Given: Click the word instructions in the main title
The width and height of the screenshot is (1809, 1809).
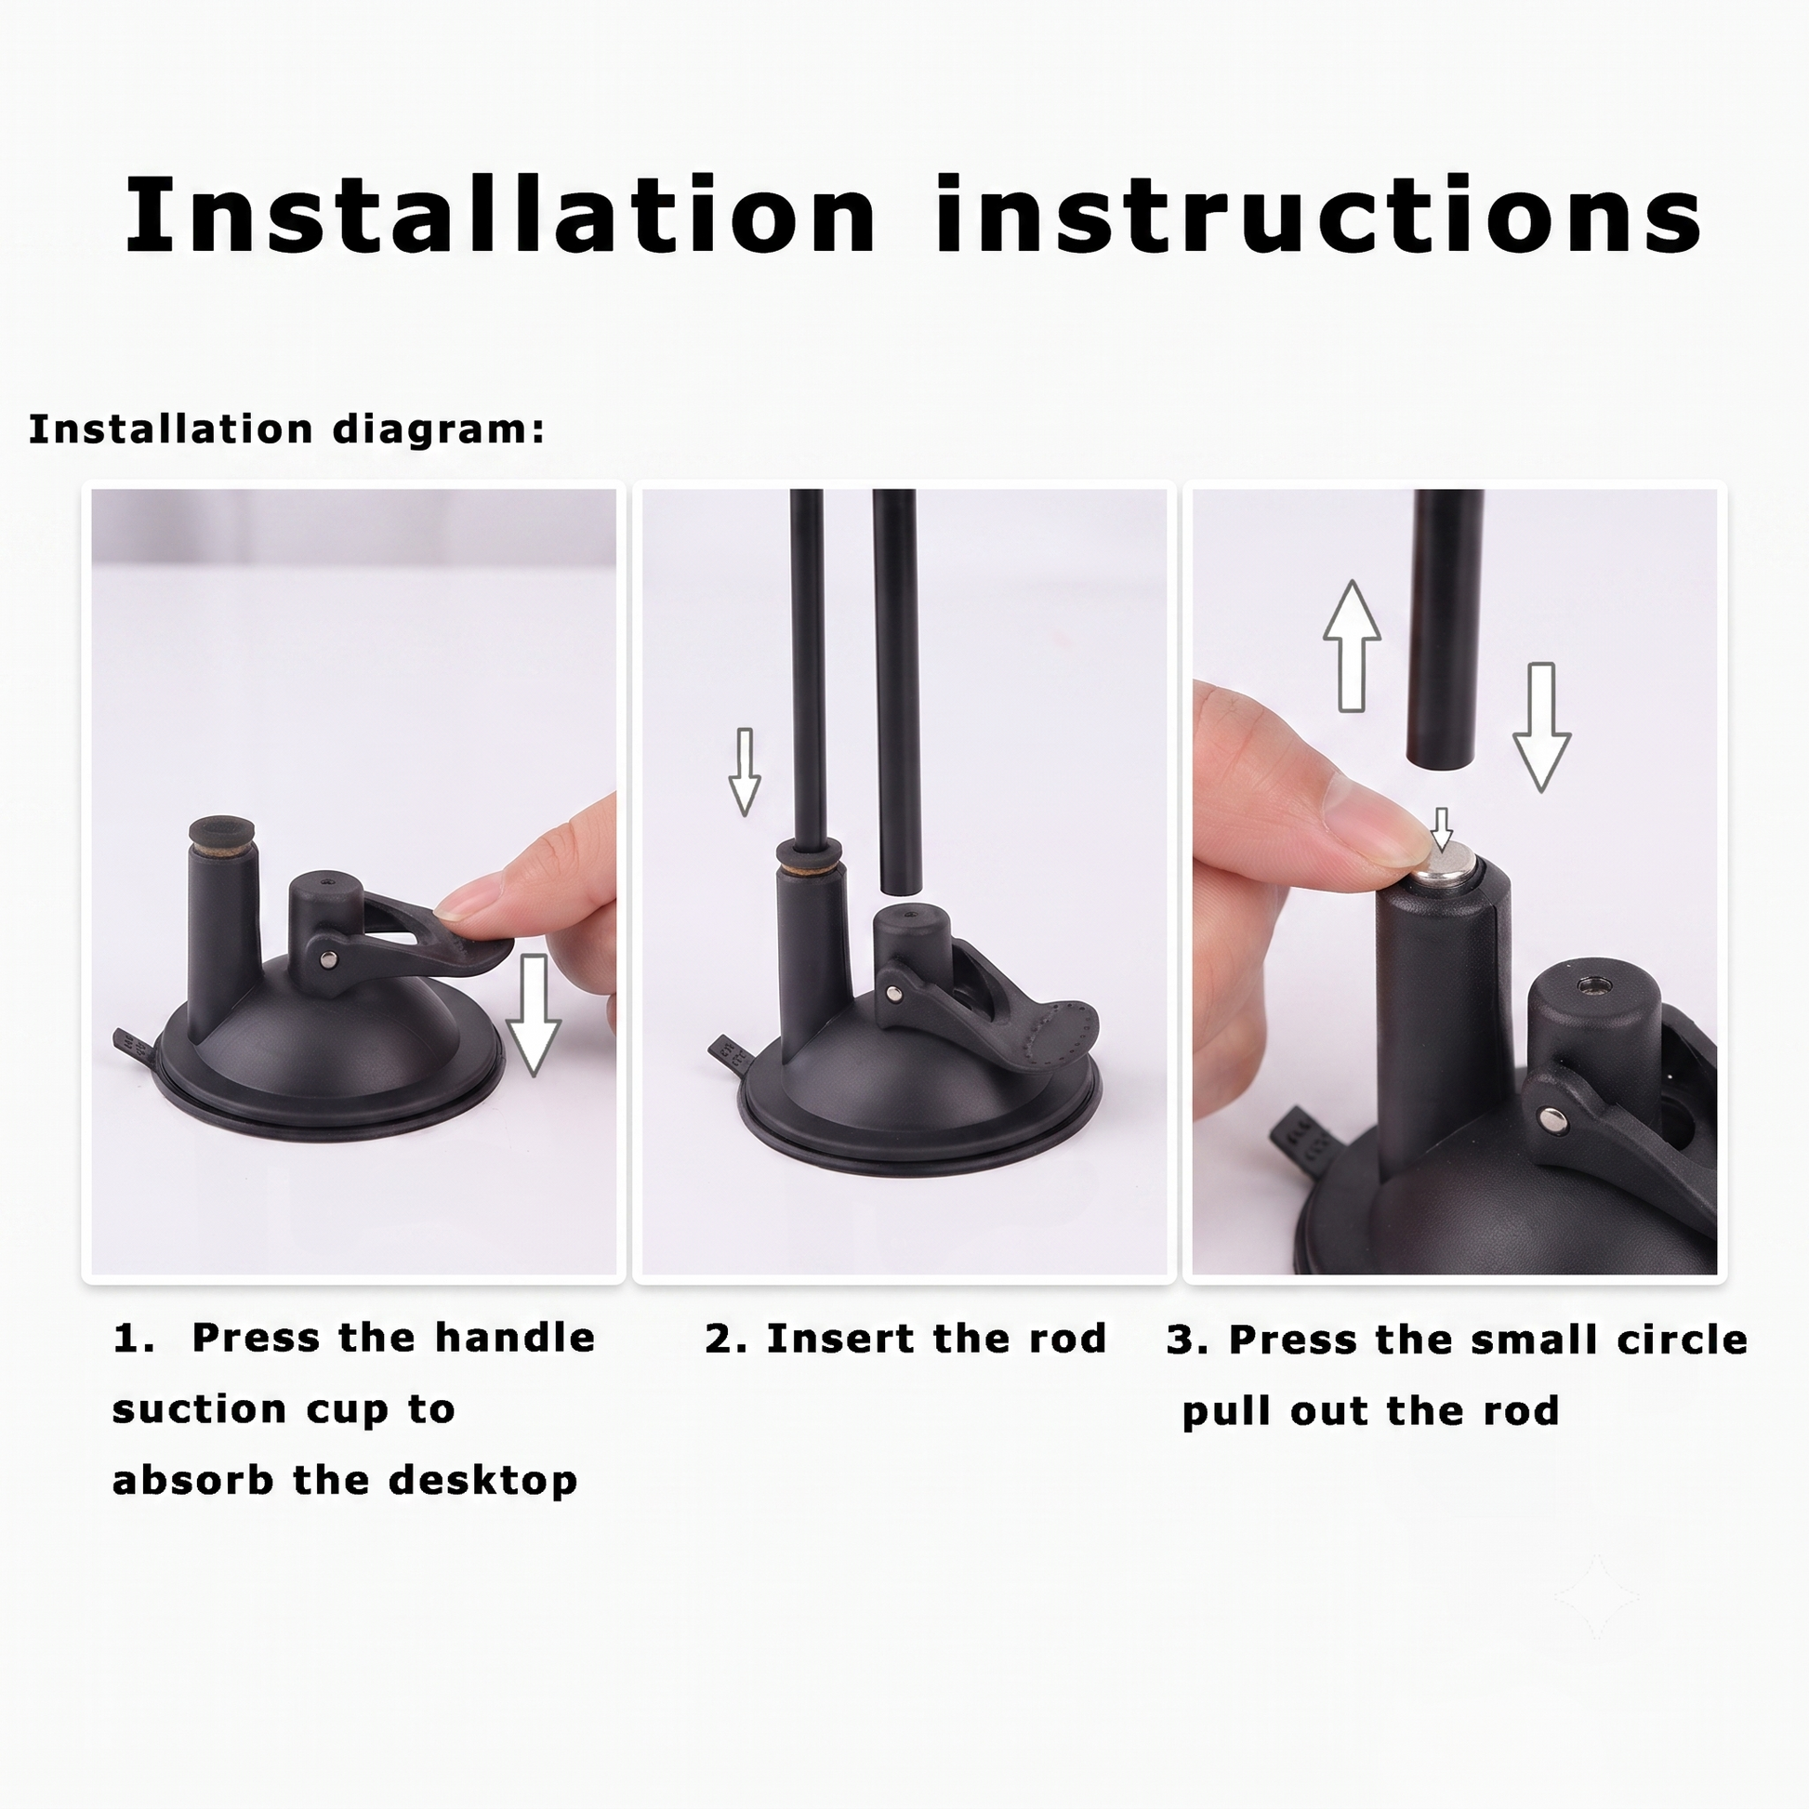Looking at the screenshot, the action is [x=1318, y=215].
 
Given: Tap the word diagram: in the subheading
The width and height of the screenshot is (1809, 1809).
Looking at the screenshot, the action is [x=438, y=430].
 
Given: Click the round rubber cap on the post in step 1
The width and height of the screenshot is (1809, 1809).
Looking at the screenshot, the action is [x=223, y=830].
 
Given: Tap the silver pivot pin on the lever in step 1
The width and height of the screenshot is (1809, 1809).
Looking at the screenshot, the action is [x=329, y=957].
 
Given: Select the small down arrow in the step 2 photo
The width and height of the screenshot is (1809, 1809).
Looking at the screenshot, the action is [x=745, y=772].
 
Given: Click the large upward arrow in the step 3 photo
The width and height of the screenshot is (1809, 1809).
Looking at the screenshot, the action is [x=1351, y=646].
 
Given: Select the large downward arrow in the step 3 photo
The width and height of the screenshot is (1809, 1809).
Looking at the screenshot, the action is [x=1541, y=728].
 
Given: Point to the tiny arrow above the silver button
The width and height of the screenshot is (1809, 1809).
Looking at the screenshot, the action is [x=1443, y=829].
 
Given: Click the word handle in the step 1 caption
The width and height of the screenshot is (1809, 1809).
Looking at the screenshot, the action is [x=515, y=1338].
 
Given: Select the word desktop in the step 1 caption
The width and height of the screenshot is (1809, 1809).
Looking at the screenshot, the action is [x=482, y=1480].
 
